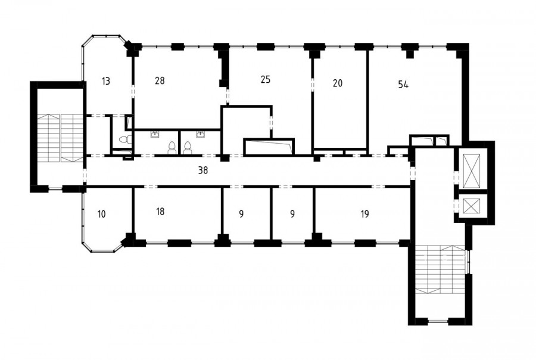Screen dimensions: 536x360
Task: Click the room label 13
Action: coord(106,82)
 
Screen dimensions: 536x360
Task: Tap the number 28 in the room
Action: coord(160,80)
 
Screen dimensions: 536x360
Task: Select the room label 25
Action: coord(265,80)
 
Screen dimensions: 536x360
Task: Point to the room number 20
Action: coord(338,83)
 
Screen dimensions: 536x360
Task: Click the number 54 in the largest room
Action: coord(403,85)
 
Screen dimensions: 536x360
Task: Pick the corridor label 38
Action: coord(203,170)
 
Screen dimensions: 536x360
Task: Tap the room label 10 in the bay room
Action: coord(101,214)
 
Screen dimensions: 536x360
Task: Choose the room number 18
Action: coord(160,212)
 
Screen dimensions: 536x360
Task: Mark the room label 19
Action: coord(364,214)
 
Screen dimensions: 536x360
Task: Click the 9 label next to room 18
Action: coord(241,214)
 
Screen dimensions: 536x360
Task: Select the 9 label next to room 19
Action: coord(292,214)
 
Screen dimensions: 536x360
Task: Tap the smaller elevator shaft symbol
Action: coord(471,206)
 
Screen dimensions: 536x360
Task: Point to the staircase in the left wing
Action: coord(60,138)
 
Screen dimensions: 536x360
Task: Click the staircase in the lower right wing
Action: coord(440,269)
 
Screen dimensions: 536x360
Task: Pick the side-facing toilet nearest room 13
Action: coord(125,139)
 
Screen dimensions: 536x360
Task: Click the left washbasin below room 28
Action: coord(155,134)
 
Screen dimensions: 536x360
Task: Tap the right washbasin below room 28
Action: coord(200,134)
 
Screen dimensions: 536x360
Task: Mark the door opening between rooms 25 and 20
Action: coord(312,85)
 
